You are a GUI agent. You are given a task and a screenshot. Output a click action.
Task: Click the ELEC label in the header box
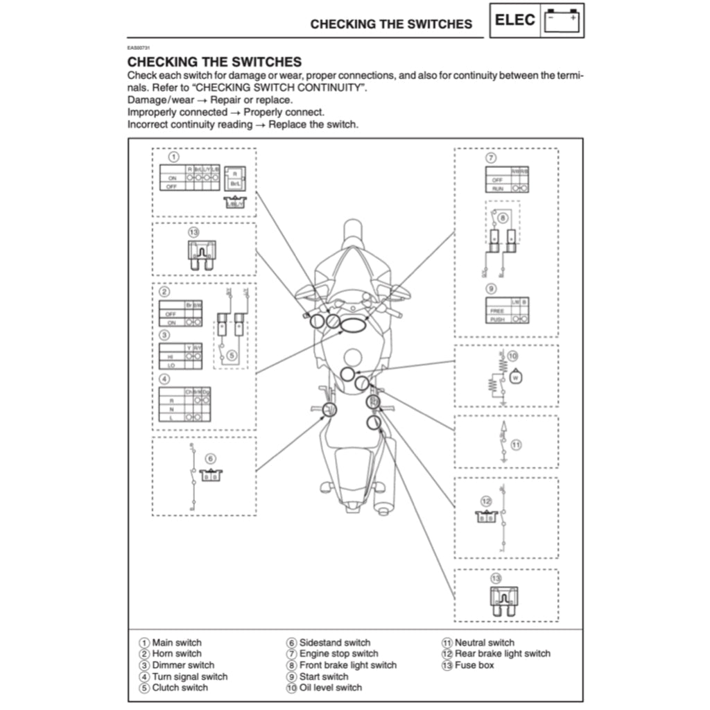(515, 20)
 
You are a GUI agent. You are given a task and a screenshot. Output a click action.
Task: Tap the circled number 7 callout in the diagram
(490, 157)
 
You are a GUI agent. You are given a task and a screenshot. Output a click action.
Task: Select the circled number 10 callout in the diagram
(513, 356)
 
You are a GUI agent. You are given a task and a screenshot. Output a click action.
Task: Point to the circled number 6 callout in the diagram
(211, 458)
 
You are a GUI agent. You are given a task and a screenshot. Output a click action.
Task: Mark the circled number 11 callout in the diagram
(516, 444)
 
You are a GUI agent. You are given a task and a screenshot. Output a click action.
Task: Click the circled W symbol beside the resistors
(515, 378)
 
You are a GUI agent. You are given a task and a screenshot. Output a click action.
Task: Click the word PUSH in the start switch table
(497, 320)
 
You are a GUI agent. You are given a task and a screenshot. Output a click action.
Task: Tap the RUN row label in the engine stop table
(497, 189)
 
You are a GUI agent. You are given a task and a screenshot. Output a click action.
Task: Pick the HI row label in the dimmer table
(171, 356)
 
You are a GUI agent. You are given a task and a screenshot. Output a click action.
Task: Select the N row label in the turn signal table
(171, 409)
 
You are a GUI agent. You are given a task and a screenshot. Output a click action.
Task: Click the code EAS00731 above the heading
(139, 49)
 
